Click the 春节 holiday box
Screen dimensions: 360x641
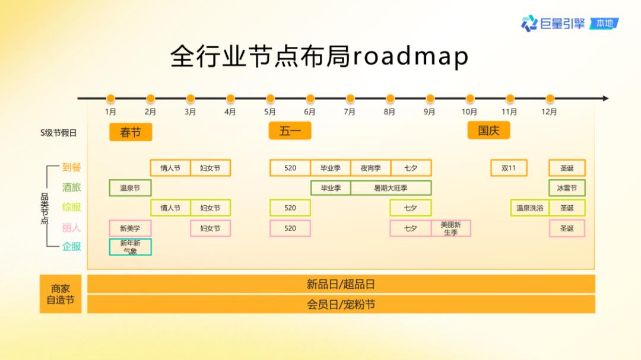coord(131,132)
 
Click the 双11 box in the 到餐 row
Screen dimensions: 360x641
coord(509,168)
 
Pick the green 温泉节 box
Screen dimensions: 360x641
coord(130,188)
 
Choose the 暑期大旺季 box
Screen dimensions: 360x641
coord(391,188)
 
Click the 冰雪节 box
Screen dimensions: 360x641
coord(567,188)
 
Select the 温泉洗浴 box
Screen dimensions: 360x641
coord(529,208)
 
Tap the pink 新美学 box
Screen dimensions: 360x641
coord(130,228)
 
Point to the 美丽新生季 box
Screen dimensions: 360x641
coord(451,228)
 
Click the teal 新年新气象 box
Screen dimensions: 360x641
coord(130,247)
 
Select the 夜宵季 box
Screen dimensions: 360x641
coord(370,168)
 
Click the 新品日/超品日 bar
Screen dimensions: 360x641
coord(341,284)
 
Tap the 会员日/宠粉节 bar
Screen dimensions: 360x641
coord(341,304)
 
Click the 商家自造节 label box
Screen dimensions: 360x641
coord(61,294)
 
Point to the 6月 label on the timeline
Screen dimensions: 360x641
coord(310,111)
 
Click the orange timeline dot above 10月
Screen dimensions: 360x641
coord(470,98)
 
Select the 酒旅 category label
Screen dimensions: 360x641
coord(71,187)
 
